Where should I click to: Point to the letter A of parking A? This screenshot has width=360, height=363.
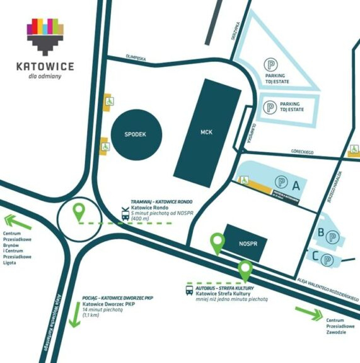pos(295,184)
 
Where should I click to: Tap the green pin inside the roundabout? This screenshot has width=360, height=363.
pos(79,212)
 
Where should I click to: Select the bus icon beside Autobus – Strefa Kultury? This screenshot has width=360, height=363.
pos(189,291)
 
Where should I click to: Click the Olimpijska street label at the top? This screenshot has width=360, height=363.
pos(137,59)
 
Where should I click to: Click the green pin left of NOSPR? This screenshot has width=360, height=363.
pos(218,243)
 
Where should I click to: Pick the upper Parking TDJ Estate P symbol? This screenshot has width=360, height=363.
pos(269,64)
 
